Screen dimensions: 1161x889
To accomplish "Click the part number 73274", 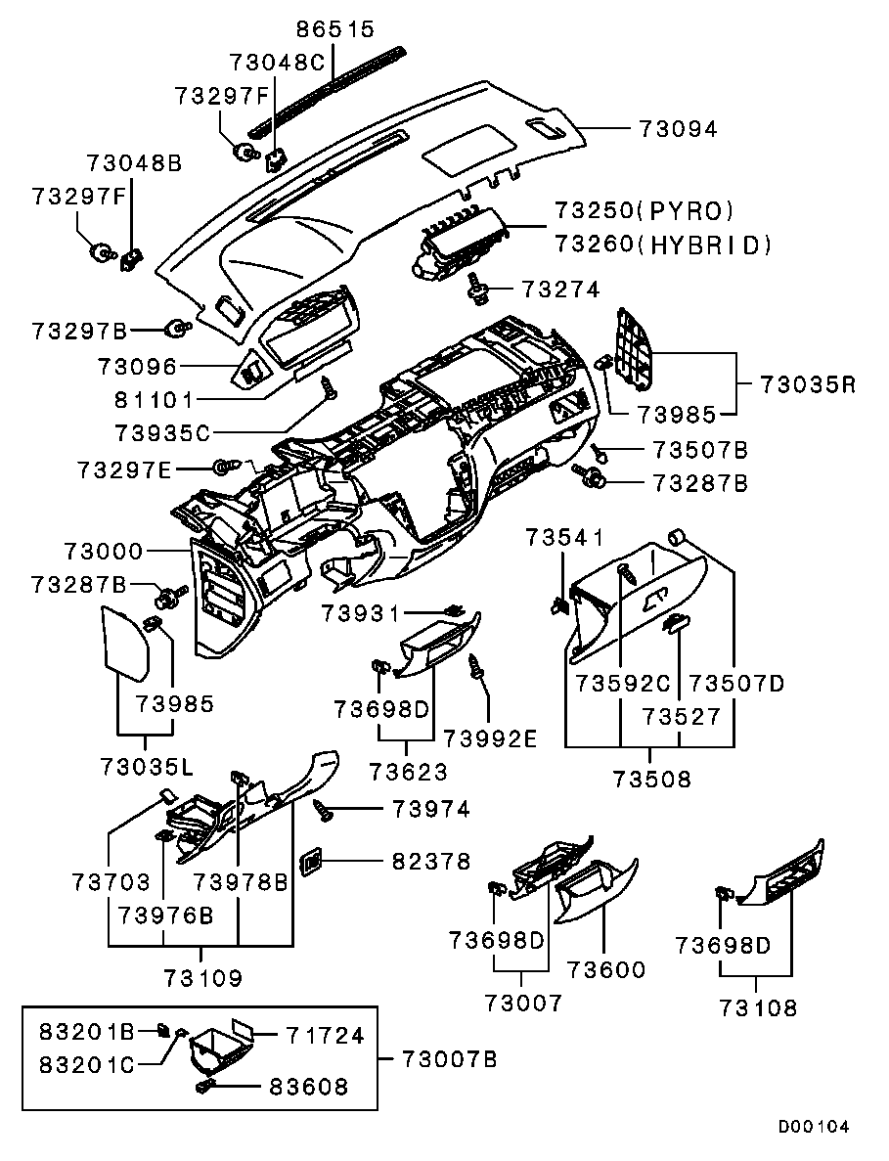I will [x=560, y=290].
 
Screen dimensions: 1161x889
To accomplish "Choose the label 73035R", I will [x=807, y=384].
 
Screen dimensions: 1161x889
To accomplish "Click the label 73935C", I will [x=162, y=431].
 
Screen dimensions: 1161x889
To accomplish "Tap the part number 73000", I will [x=104, y=552].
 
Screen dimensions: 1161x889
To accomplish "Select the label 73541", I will [x=564, y=537].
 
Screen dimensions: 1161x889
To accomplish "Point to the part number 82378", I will [x=431, y=862].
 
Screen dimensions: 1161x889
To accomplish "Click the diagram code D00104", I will [x=814, y=1126].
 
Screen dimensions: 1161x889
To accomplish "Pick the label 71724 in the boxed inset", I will [x=325, y=1035].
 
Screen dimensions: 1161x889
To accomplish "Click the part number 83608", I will [x=308, y=1087].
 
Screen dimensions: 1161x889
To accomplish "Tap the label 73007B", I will [x=449, y=1059].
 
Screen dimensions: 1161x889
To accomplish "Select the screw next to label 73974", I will [x=324, y=809].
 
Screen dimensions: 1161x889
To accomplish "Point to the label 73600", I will [x=605, y=969].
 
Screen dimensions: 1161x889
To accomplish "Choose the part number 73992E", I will [x=490, y=738].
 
